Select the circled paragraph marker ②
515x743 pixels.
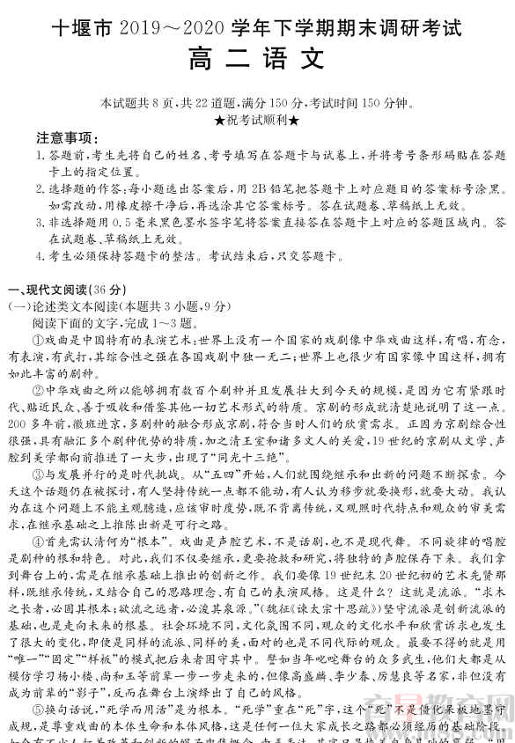pyautogui.click(x=38, y=388)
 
